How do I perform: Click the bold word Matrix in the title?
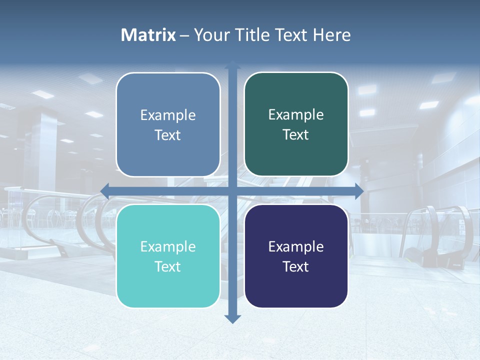(x=148, y=35)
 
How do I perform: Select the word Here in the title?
(x=331, y=35)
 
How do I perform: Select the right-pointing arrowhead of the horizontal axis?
(x=359, y=191)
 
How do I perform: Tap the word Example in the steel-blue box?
(x=168, y=115)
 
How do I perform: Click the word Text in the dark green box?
(x=296, y=135)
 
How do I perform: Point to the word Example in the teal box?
(x=168, y=247)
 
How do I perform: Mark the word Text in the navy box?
(x=296, y=267)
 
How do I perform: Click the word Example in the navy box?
(x=296, y=247)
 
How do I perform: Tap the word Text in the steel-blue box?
(x=168, y=135)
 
